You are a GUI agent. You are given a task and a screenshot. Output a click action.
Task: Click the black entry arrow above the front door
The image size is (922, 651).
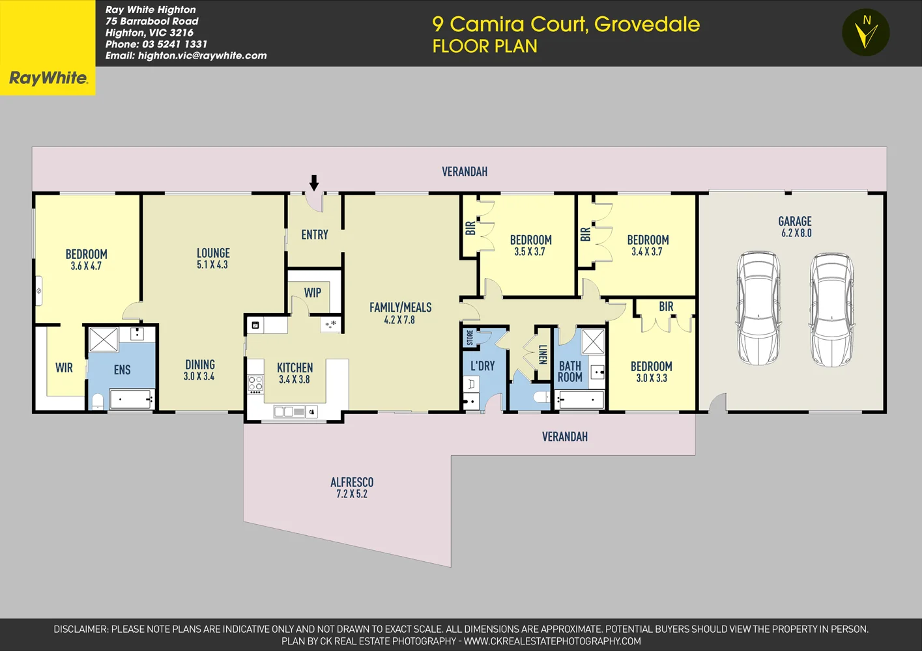(314, 182)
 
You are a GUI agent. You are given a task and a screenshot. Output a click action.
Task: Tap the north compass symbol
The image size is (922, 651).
(865, 32)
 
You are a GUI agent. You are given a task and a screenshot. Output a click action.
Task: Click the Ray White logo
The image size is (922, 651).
(48, 78)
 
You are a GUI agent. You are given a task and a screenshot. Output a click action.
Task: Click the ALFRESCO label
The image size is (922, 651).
(352, 482)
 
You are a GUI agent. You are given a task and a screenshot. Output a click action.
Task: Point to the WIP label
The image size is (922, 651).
(313, 293)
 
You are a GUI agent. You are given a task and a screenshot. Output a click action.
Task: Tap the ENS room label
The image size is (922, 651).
(122, 370)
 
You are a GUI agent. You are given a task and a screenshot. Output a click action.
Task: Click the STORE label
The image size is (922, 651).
(470, 337)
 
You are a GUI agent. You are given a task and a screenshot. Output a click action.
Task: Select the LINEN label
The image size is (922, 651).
(543, 355)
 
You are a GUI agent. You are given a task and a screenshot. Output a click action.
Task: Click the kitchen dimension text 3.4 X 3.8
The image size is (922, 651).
(295, 380)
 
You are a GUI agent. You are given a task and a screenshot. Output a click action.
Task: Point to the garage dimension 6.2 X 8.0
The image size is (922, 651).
(796, 233)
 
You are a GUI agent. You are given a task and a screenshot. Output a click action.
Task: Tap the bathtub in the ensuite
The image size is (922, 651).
(131, 399)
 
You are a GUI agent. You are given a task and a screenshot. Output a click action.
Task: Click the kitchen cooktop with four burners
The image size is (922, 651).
(255, 384)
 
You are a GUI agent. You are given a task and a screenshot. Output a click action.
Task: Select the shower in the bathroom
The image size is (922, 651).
(592, 341)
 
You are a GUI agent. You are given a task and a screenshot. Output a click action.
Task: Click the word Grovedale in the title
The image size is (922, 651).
(646, 24)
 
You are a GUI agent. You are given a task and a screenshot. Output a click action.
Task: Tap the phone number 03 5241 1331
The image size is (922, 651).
(175, 44)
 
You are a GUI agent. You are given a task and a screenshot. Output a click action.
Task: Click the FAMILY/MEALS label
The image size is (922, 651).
(400, 307)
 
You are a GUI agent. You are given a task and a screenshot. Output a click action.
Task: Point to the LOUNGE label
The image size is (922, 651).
(213, 253)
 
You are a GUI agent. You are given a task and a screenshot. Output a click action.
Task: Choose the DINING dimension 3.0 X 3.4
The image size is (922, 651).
(199, 376)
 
